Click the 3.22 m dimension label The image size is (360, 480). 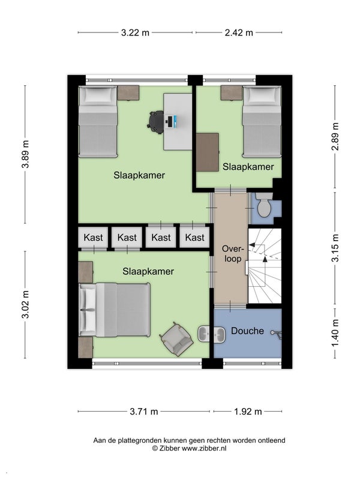[135, 33]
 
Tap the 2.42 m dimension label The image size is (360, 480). [239, 33]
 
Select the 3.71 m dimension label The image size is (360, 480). [144, 412]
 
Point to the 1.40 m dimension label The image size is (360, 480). [335, 333]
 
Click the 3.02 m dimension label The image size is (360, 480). [25, 305]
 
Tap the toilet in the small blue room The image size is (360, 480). [264, 205]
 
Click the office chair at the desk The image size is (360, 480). [157, 122]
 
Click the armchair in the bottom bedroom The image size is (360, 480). [176, 339]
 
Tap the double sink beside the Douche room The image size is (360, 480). [211, 334]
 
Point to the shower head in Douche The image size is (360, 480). [276, 333]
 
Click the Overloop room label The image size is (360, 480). [233, 254]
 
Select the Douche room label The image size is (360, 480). [247, 331]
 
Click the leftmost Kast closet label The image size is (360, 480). [93, 238]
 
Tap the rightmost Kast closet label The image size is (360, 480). [194, 238]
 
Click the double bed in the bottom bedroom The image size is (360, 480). [115, 310]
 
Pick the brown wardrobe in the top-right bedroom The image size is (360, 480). [208, 152]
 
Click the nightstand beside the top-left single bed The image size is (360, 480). [128, 93]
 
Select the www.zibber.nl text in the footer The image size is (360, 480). [204, 448]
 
